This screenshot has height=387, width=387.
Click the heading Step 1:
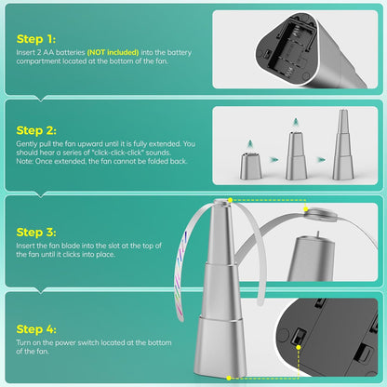coord(36,39)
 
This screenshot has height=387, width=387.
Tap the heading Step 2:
coord(36,130)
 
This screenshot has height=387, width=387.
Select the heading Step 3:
coord(36,232)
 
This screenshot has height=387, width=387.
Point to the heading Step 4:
coord(36,329)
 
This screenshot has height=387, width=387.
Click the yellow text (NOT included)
coord(113,52)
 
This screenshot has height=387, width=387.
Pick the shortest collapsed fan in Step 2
coord(251,166)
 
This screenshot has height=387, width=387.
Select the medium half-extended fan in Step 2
coord(296,155)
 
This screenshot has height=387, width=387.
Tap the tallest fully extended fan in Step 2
coord(343,144)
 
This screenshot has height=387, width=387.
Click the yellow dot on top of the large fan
coord(230,200)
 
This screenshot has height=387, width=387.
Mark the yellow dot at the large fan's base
coord(229,378)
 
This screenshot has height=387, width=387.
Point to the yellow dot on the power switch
coord(299,347)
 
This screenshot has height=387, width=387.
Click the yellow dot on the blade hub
coord(306,209)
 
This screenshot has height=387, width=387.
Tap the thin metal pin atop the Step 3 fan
coord(317,234)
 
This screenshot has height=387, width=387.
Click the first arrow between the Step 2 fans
coord(274,160)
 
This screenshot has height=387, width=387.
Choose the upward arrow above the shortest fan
coord(249,144)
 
